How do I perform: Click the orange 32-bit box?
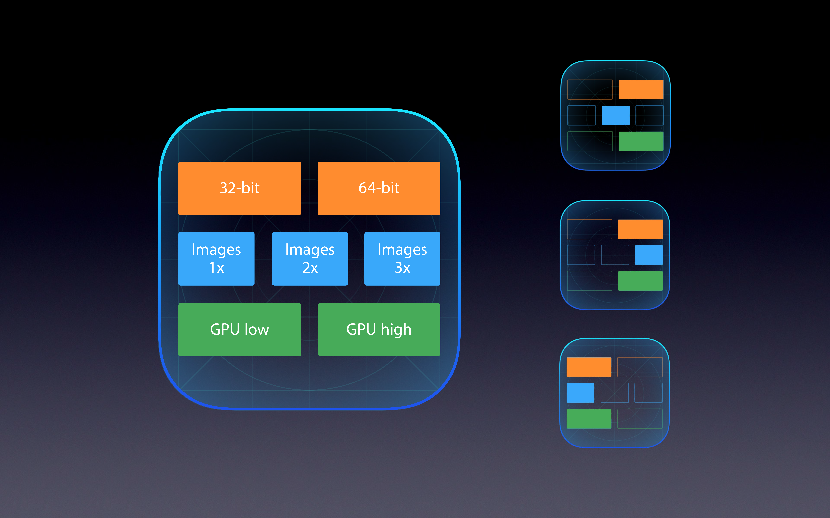[240, 188]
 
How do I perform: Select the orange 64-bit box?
[379, 188]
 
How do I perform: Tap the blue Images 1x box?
[216, 259]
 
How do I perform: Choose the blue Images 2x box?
[310, 259]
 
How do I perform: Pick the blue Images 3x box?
[402, 259]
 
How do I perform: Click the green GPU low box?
[240, 329]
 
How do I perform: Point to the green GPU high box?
[379, 329]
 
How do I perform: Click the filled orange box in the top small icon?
[641, 89]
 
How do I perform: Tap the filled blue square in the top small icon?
[616, 115]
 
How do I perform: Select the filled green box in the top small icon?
[641, 141]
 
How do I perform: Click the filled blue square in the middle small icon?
[649, 255]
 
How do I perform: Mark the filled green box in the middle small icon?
[640, 281]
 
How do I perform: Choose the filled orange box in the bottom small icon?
[589, 367]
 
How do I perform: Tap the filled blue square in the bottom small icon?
[580, 393]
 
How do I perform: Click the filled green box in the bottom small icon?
[589, 419]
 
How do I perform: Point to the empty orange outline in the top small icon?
[590, 89]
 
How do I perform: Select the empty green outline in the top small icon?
[590, 141]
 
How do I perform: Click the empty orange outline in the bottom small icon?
[640, 367]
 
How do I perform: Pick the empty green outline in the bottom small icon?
[640, 419]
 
